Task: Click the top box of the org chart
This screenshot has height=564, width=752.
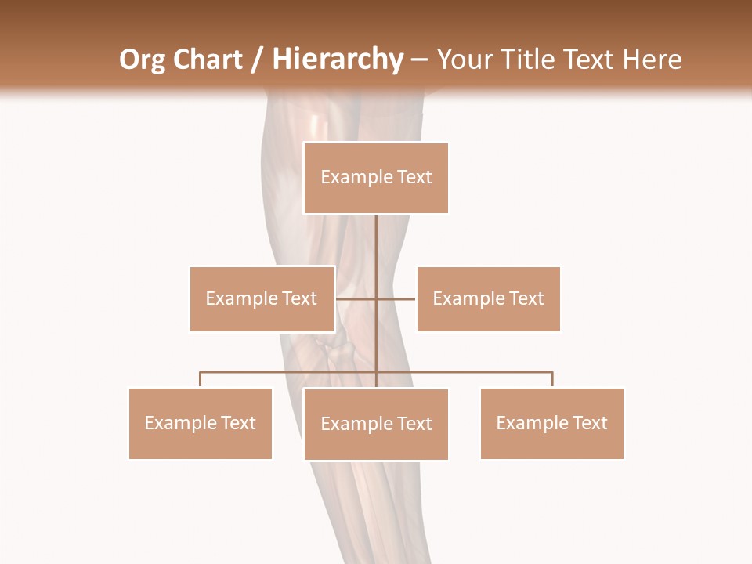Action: point(376,178)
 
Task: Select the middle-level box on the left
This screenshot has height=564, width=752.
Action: point(262,298)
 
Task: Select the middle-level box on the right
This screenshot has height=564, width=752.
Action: point(488,298)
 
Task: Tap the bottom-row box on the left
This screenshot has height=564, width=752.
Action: point(200,423)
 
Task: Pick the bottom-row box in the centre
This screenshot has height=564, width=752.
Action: point(376,424)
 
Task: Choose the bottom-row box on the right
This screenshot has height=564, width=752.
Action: point(551,423)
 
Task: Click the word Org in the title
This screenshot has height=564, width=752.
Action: point(142,60)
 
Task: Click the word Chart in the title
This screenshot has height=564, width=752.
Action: point(207,60)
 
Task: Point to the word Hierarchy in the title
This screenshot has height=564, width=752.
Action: point(338,60)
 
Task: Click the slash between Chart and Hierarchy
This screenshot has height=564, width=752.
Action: point(257,60)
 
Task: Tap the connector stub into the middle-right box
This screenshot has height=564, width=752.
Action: point(397,298)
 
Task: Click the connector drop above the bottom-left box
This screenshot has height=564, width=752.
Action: point(200,379)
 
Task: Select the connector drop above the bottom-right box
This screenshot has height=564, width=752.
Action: point(551,379)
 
